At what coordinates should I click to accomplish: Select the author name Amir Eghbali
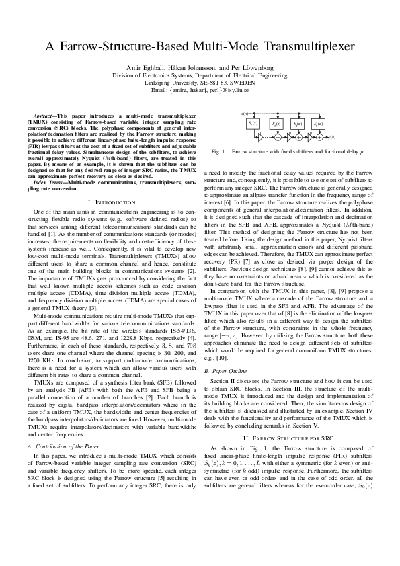click(145, 69)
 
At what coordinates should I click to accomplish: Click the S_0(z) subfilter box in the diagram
click(319, 124)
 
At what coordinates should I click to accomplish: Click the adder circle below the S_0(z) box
click(319, 138)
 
